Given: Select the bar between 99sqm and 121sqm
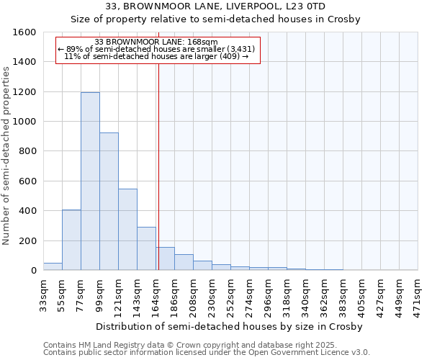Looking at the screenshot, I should (109, 202).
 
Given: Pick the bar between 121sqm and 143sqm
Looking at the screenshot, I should (127, 230).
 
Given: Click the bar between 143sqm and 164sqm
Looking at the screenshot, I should (146, 248).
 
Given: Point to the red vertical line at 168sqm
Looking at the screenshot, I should (158, 166).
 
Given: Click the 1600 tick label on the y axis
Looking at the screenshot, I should (25, 32).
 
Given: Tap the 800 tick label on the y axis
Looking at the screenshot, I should (28, 151).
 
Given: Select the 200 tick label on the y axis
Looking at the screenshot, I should (28, 240).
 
